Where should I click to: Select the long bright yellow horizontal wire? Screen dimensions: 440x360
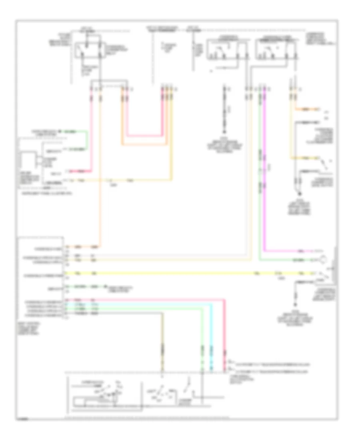pyautogui.click(x=180, y=274)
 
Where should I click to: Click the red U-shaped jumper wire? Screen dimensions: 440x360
pyautogui.click(x=144, y=135)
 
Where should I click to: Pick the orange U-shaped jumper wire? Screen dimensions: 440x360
pyautogui.click(x=144, y=143)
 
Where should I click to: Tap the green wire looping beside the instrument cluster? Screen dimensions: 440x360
pyautogui.click(x=86, y=140)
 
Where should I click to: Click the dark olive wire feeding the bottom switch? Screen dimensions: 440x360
pyautogui.click(x=162, y=340)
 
